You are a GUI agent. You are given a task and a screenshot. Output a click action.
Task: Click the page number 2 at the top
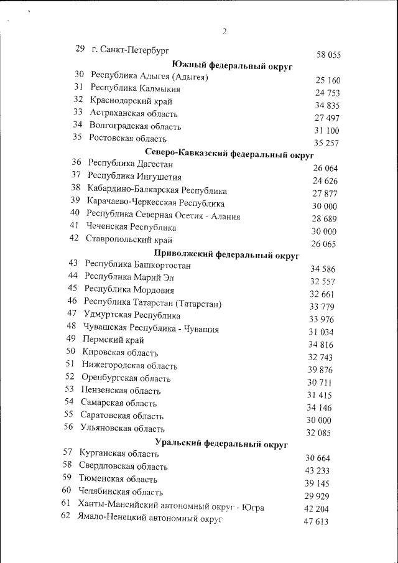click(x=224, y=32)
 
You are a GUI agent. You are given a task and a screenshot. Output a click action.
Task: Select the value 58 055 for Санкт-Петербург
click(x=328, y=55)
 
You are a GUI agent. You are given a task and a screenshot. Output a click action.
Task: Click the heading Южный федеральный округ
click(x=232, y=65)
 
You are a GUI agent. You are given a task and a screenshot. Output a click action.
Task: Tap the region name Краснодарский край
click(x=131, y=101)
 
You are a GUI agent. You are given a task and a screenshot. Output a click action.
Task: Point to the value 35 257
click(x=327, y=143)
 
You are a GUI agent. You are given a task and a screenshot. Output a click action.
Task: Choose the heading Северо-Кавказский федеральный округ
click(x=229, y=152)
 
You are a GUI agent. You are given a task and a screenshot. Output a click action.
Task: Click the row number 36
click(x=77, y=162)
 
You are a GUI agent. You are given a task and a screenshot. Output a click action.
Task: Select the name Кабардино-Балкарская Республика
click(x=157, y=190)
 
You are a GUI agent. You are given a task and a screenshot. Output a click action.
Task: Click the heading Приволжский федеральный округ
click(x=226, y=254)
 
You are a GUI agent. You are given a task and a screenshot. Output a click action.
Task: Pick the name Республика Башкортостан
click(x=137, y=265)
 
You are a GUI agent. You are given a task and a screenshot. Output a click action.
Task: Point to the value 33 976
click(x=322, y=319)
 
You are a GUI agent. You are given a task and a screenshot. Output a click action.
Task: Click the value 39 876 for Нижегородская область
click(x=320, y=370)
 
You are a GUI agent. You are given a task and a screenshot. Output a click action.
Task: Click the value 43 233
click(x=318, y=471)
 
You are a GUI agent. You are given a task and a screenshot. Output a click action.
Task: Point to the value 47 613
click(x=316, y=521)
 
